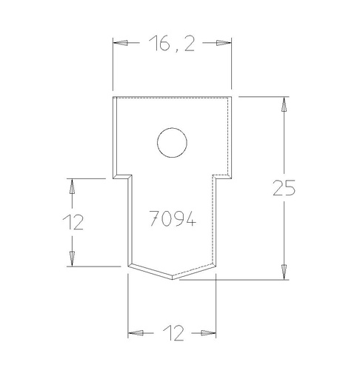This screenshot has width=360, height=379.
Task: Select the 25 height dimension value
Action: coord(284,188)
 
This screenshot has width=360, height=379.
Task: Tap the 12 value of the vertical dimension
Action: coord(72,221)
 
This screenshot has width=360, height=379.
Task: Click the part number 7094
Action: coord(172,219)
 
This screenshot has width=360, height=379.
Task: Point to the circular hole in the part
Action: coord(172,143)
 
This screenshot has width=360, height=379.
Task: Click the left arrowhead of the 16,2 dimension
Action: coord(121,43)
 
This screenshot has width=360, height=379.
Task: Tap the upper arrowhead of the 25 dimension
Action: coord(284,105)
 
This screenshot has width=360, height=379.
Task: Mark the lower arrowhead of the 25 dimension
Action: coord(284,272)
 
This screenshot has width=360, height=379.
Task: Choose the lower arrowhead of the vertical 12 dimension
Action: coord(72,258)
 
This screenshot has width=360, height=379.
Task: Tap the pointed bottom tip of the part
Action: coord(173,279)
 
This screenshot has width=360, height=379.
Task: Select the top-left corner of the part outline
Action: coord(113,97)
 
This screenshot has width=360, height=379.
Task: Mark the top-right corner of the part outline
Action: coord(232,96)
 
